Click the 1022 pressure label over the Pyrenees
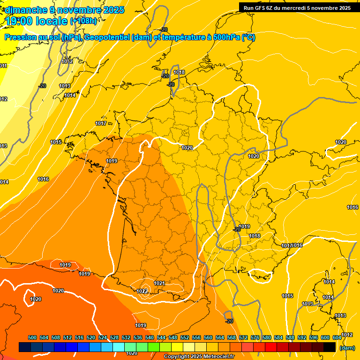point(142,291)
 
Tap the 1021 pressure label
point(159,283)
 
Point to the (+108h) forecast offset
point(83,21)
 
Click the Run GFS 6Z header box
point(297,7)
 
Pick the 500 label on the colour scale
point(32,337)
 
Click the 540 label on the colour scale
point(150,337)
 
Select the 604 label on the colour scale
point(337,337)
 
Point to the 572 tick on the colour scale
point(243,337)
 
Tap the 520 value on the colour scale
point(91,337)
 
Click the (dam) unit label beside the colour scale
point(347,347)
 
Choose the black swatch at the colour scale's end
point(330,347)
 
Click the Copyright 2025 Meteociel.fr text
point(199,356)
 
